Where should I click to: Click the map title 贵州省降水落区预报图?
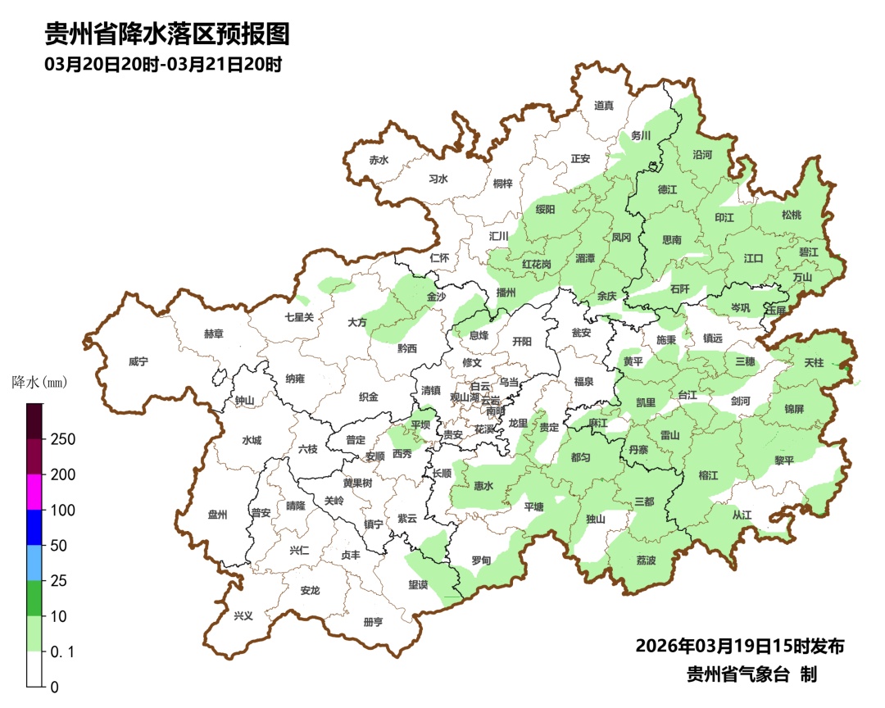click(x=166, y=34)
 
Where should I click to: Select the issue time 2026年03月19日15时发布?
click(x=739, y=646)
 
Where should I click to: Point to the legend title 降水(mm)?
click(x=39, y=383)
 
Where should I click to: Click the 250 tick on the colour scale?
click(x=62, y=439)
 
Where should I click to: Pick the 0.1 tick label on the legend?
click(x=62, y=651)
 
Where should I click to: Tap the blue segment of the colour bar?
click(x=34, y=528)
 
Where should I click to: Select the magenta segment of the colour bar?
click(x=34, y=492)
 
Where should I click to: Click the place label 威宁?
click(x=139, y=361)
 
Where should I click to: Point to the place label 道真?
click(x=604, y=105)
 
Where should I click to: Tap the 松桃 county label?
click(x=791, y=215)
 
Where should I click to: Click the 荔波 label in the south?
click(x=646, y=560)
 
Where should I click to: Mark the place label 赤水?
click(x=378, y=160)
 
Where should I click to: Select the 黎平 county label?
click(x=784, y=461)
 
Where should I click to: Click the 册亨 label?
click(x=373, y=622)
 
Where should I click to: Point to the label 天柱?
click(x=814, y=361)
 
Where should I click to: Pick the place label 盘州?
click(x=217, y=515)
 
